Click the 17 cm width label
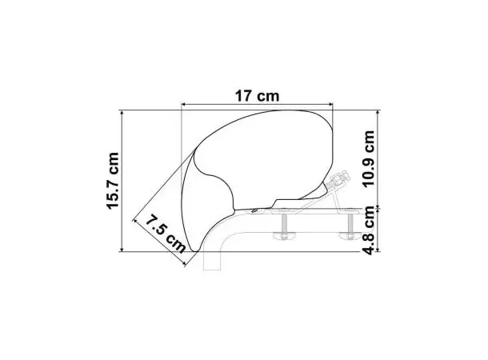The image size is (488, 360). pos(257,95)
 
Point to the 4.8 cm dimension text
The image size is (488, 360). pos(369,230)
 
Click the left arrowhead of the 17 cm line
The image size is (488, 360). pos(185,104)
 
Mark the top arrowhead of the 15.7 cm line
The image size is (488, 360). pos(122,114)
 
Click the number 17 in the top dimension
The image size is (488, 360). pos(245,95)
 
